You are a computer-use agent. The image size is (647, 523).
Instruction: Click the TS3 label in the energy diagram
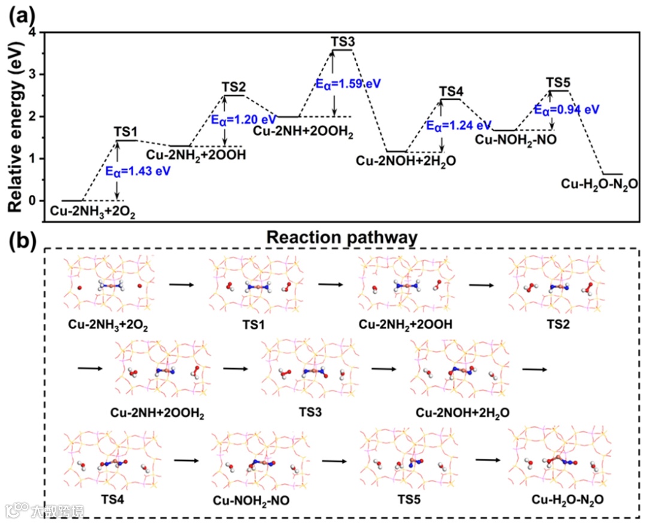tap(343, 42)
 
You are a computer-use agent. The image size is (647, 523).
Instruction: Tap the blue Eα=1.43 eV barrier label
tap(138, 171)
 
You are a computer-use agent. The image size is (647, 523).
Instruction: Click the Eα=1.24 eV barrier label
tap(458, 126)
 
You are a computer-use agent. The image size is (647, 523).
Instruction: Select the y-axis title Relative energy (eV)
tap(18, 123)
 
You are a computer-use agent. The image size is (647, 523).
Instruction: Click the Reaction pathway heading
tap(341, 238)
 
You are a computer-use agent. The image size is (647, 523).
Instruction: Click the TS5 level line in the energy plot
tap(559, 91)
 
